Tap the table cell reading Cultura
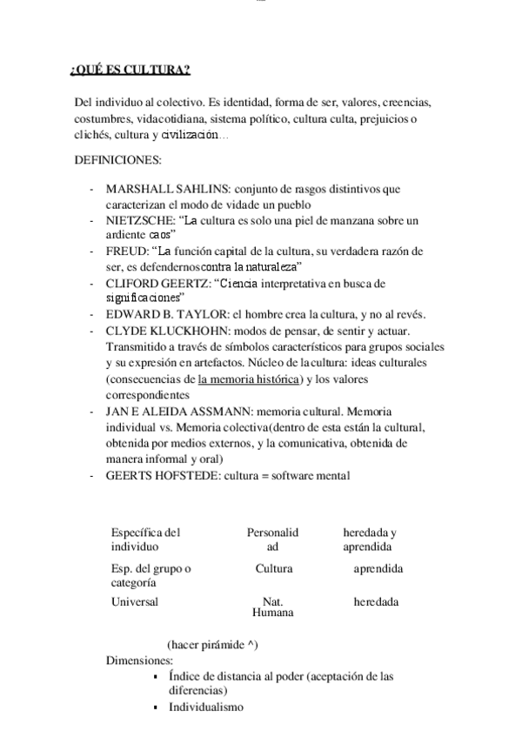[x=273, y=568]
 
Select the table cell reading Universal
[x=135, y=601]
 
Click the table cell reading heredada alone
[x=376, y=601]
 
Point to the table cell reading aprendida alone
[x=378, y=568]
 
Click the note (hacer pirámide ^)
[x=211, y=645]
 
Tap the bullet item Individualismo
[x=206, y=708]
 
